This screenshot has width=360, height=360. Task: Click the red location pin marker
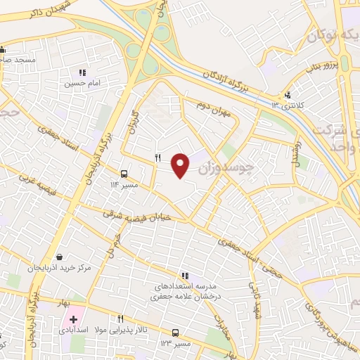(181, 165)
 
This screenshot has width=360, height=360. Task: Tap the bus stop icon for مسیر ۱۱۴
(124, 174)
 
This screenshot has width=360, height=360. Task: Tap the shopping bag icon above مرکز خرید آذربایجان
(58, 257)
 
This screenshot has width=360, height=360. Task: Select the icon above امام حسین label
(82, 72)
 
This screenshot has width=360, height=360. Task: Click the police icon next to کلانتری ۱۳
(287, 96)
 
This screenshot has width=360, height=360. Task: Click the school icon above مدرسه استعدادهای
(185, 276)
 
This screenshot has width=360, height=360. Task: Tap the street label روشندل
(296, 162)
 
